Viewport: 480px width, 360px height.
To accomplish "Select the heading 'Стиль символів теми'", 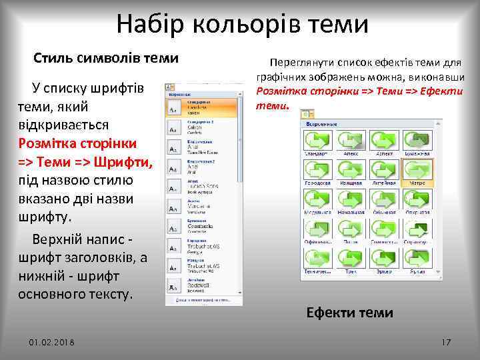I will click(x=106, y=58).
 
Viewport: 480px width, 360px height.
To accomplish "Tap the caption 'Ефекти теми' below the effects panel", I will click(x=349, y=313).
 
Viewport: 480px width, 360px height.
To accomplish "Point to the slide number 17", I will click(x=446, y=342).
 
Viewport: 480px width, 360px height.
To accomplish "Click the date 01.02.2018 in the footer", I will click(x=52, y=342).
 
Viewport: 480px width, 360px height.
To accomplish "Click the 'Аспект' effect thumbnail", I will click(x=385, y=140).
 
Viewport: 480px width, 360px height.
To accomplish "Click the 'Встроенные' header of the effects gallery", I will click(x=322, y=124).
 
